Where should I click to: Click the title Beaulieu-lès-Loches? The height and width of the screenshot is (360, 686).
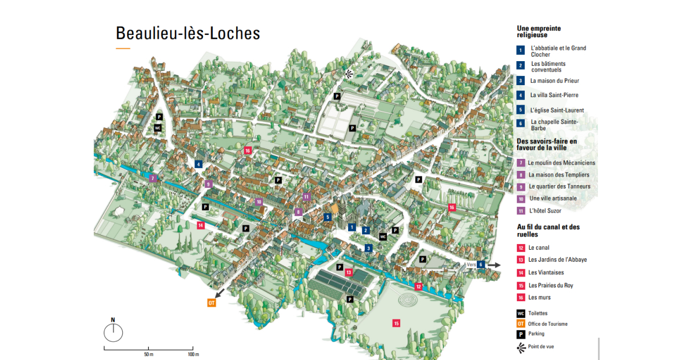point(188,33)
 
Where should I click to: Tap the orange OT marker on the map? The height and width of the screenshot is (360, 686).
point(212,303)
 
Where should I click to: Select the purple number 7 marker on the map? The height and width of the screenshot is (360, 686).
point(153,178)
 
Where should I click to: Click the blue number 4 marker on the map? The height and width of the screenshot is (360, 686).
point(198,165)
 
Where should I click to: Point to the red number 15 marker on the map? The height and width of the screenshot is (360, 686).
point(396,323)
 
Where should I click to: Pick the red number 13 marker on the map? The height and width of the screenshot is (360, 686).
point(349,273)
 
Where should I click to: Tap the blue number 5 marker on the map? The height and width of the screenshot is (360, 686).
point(328,217)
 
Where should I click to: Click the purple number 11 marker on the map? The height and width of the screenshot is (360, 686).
point(306,197)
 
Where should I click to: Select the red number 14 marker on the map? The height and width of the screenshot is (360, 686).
point(201,225)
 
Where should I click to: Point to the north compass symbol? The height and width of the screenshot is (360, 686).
point(114,331)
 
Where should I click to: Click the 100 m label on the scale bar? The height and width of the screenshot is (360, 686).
point(193,355)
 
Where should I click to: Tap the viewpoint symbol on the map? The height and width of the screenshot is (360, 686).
point(348,73)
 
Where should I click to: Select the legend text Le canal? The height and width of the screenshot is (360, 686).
point(539,248)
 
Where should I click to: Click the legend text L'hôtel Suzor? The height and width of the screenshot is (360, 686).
point(545,211)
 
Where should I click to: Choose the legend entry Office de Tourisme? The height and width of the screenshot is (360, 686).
point(548,324)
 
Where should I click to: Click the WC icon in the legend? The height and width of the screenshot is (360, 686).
point(521,313)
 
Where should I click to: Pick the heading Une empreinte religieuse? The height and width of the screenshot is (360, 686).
point(539,31)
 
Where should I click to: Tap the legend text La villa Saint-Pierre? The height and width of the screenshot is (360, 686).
point(554,95)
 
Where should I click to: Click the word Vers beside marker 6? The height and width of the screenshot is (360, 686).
point(471,265)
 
